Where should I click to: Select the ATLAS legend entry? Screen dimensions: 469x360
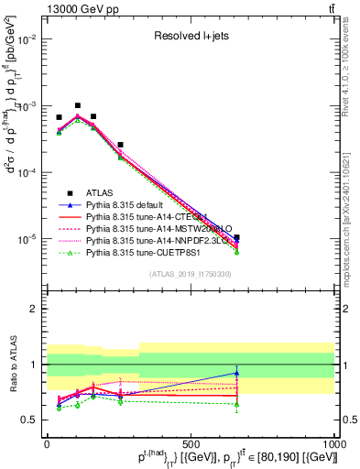[100, 192]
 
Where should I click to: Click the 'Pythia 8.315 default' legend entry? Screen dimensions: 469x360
[127, 204]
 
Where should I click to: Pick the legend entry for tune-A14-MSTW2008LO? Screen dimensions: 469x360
[153, 226]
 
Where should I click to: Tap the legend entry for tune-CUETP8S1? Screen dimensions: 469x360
[138, 250]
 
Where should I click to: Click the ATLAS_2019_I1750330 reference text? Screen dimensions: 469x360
[190, 274]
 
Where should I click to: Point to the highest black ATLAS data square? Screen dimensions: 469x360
[78, 106]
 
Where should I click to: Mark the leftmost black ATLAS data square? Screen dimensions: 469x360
[59, 117]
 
